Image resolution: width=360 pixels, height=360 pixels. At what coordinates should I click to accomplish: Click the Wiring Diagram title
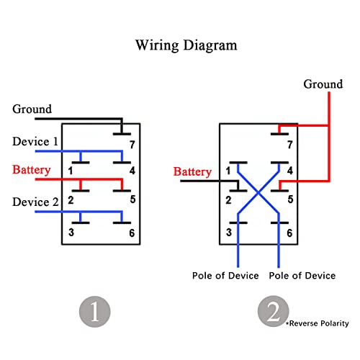coord(186,45)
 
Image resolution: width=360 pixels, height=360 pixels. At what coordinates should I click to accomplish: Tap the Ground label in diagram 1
coord(32,109)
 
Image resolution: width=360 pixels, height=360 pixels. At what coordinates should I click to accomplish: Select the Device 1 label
coord(35,141)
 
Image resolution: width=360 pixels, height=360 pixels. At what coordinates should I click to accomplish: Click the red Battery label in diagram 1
coord(32,170)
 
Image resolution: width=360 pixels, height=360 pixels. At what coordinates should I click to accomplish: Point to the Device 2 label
coord(35,202)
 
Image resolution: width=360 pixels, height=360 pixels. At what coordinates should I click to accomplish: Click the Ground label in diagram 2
coord(323,84)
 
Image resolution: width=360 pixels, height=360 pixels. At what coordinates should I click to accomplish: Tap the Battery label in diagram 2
coord(192,172)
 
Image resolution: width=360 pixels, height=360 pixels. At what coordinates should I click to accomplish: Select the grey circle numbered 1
coord(95,312)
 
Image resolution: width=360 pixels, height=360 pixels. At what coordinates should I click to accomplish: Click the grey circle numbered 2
coord(274,311)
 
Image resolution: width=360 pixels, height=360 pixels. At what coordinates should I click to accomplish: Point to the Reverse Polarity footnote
coord(318,323)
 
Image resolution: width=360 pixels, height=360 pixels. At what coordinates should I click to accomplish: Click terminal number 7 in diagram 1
coord(132,145)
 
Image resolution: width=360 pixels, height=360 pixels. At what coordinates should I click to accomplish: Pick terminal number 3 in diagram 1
coord(71,233)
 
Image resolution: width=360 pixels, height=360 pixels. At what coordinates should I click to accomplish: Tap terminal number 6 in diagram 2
coord(289,233)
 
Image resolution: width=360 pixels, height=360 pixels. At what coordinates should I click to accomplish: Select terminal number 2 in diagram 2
coord(228,200)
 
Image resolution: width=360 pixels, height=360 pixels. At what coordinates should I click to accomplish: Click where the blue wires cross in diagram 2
coord(258,192)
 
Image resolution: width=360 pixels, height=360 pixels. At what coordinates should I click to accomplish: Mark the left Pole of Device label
coord(225,276)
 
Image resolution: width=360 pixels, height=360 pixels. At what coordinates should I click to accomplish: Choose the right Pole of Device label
coord(302,276)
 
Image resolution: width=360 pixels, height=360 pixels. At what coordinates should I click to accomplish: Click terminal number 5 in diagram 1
coord(132,199)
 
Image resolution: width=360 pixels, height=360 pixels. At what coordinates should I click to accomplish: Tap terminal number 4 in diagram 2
coord(290,171)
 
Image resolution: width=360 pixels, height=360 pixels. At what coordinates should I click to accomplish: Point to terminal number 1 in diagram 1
coord(71,171)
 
